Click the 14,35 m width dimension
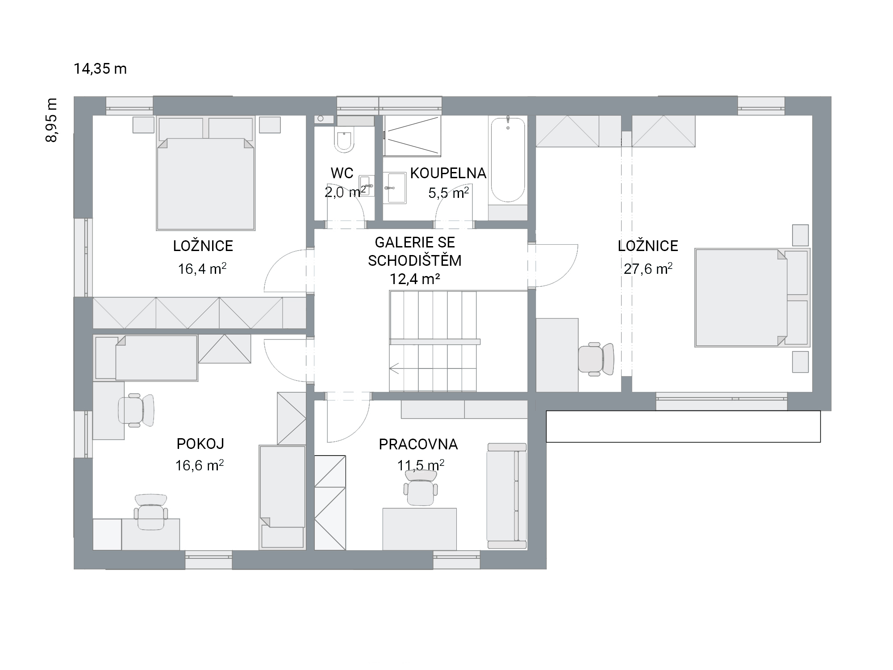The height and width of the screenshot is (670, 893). [100, 69]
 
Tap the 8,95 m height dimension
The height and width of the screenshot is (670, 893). [52, 120]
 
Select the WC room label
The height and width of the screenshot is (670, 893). [342, 173]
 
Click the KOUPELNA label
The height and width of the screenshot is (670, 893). [448, 173]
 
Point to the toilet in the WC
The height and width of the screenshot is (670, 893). [344, 141]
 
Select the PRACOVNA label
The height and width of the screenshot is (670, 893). [418, 444]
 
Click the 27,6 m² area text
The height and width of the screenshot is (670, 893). [648, 268]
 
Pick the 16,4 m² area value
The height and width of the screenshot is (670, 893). [202, 268]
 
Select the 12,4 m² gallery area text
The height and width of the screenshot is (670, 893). [415, 279]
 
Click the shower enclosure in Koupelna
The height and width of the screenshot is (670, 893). [412, 136]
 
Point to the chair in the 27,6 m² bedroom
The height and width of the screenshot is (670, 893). [596, 359]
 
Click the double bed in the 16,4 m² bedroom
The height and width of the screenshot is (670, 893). [205, 173]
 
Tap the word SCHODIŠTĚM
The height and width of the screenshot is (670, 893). [415, 260]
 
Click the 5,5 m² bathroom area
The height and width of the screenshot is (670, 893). [448, 193]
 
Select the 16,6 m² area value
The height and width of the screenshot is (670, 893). [199, 465]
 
